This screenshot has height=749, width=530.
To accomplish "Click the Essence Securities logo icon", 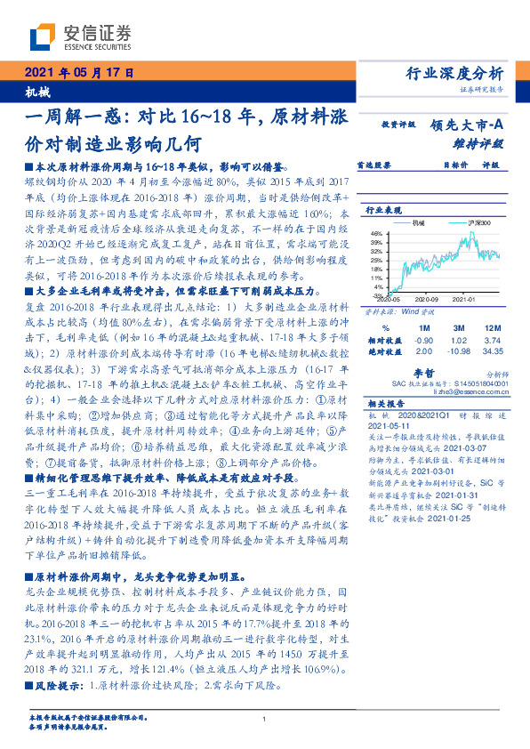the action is [43, 37].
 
